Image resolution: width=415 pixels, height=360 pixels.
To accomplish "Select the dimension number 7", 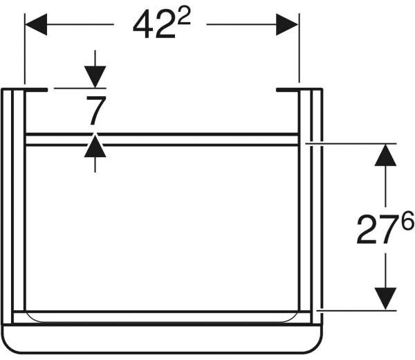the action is tap(96, 111).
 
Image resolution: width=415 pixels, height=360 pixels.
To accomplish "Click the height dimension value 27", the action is tap(378, 230).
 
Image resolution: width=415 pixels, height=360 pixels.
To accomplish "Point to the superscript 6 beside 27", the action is tap(407, 220).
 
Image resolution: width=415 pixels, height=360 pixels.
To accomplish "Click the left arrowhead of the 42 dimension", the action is tap(36, 24).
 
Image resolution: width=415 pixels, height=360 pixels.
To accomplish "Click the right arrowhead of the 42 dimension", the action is tap(288, 24).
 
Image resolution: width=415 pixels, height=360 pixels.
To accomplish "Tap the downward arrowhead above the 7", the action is tap(95, 77).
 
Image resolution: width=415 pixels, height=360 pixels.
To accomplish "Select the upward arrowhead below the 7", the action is tap(95, 146).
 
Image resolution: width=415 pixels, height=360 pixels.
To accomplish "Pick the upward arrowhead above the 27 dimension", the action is tap(385, 155).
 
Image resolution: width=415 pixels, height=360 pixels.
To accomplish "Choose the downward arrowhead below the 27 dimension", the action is tap(385, 298).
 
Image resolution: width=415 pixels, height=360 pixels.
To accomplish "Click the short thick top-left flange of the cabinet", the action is tap(36, 90).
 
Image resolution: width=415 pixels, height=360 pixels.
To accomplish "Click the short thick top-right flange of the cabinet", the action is tap(288, 90).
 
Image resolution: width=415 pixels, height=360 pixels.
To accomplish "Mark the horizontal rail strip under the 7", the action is tap(162, 140).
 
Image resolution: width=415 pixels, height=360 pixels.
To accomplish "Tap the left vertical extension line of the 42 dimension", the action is tap(25, 48).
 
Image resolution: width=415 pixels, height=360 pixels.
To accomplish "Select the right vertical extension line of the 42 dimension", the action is tap(299, 48).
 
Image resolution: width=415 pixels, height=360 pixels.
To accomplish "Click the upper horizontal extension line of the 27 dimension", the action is tap(351, 143).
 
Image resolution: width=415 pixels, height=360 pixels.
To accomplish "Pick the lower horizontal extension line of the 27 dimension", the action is tap(357, 310).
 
